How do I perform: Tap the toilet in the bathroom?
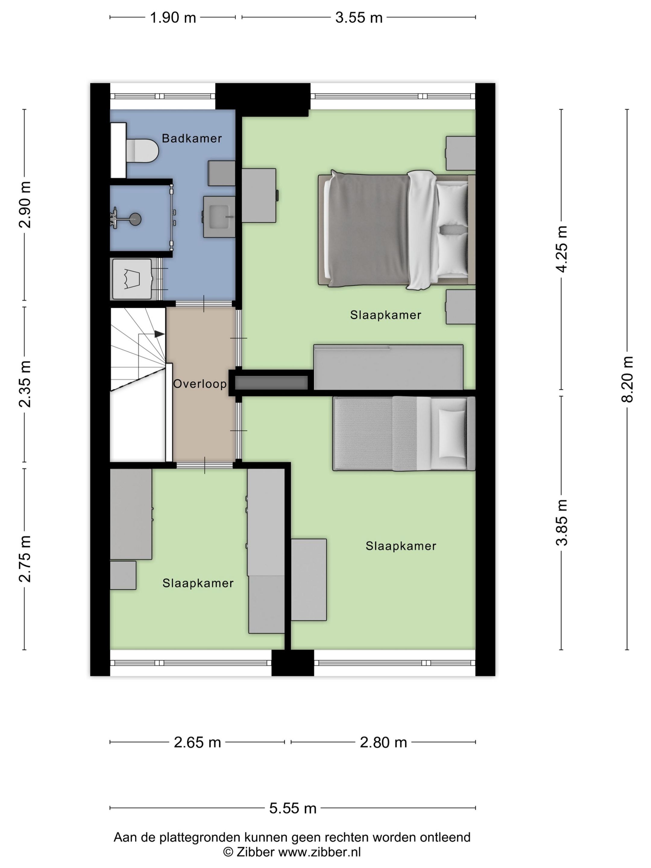(x=142, y=150)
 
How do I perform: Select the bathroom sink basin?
(x=219, y=217)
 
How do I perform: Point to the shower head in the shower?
(x=135, y=219)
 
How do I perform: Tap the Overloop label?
(x=200, y=384)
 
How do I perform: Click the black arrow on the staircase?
(x=159, y=334)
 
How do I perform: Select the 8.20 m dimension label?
(x=627, y=379)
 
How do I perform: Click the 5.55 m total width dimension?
(x=293, y=808)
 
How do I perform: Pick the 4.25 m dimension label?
(x=561, y=249)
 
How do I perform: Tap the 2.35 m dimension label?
(x=25, y=384)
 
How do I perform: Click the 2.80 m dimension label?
(x=383, y=742)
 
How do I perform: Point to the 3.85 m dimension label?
(x=561, y=523)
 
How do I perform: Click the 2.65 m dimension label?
(x=197, y=742)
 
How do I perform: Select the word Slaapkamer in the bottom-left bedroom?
(x=198, y=583)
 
